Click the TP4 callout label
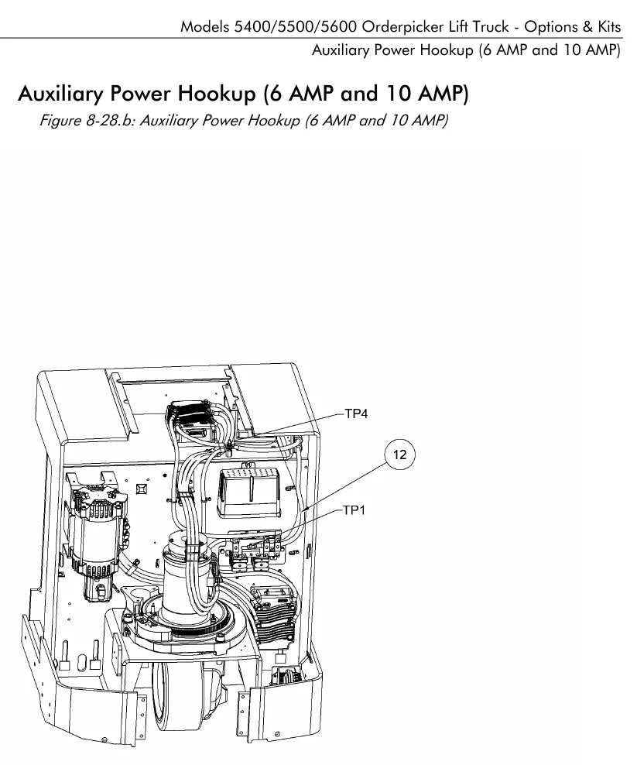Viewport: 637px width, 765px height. tap(356, 413)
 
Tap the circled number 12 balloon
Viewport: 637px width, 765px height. tap(399, 455)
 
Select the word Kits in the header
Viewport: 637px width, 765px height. tap(609, 27)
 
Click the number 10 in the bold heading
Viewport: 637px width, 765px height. tap(399, 93)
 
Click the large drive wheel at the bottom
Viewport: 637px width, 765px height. tap(190, 702)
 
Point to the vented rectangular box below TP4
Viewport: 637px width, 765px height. tap(250, 492)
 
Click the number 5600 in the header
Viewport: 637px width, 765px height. tap(338, 27)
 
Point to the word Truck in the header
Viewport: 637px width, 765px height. tap(491, 27)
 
